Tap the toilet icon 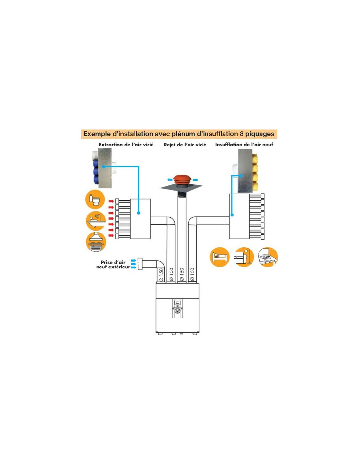point(95,199)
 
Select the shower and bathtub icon point(96,221)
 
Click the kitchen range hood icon point(96,242)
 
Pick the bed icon point(220,257)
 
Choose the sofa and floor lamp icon point(244,257)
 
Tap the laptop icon point(268,257)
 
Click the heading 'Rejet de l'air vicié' point(185,145)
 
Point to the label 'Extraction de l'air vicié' point(126,145)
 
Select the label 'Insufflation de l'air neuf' point(244,145)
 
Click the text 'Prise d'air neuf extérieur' point(113,265)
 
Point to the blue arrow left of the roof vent point(170,180)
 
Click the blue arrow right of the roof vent point(195,180)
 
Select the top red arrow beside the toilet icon point(111,201)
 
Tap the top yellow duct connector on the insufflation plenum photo point(255,160)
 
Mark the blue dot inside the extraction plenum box point(139,213)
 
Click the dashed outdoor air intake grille point(140,264)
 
